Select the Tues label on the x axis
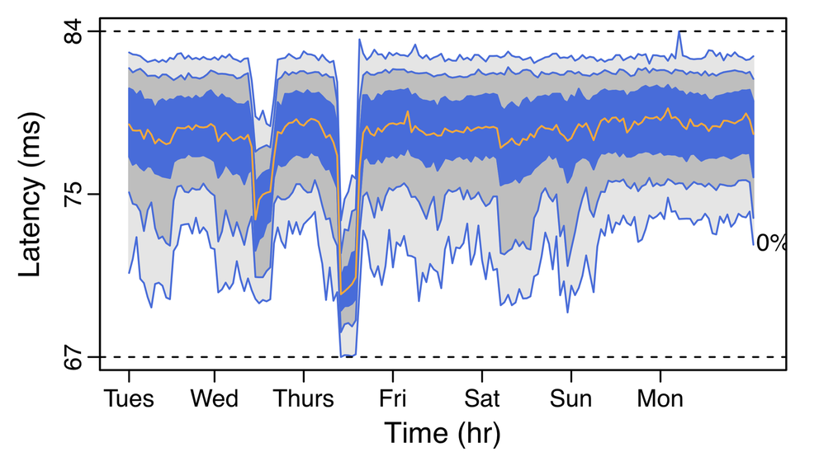pyautogui.click(x=129, y=399)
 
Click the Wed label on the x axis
pyautogui.click(x=215, y=399)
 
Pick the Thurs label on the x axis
pyautogui.click(x=304, y=399)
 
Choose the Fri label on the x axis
pyautogui.click(x=392, y=399)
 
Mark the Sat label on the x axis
pyautogui.click(x=481, y=399)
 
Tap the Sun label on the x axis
pyautogui.click(x=570, y=399)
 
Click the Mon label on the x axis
pyautogui.click(x=660, y=399)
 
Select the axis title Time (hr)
pyautogui.click(x=442, y=434)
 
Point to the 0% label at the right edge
pyautogui.click(x=771, y=243)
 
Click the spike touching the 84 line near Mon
pyautogui.click(x=679, y=32)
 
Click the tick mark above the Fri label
pyautogui.click(x=392, y=376)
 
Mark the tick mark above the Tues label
pyautogui.click(x=129, y=376)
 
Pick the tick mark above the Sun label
pyautogui.click(x=570, y=376)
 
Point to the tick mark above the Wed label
pyautogui.click(x=215, y=376)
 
